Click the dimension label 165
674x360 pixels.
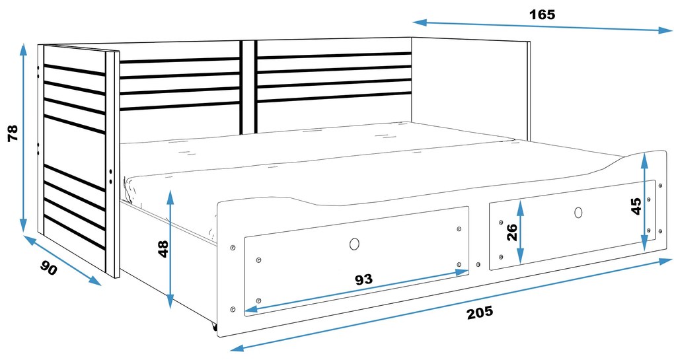[542, 14]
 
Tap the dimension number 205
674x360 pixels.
[480, 312]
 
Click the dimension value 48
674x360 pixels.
[163, 249]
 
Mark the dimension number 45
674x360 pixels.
[636, 205]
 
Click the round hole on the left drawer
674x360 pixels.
[354, 244]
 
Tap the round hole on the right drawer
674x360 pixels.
[579, 213]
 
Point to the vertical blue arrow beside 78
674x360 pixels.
[24, 136]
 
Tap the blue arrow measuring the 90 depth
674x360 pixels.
[63, 260]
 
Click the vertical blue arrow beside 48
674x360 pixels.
[170, 248]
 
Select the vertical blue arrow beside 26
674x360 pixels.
[521, 232]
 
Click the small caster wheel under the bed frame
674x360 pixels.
[215, 326]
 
